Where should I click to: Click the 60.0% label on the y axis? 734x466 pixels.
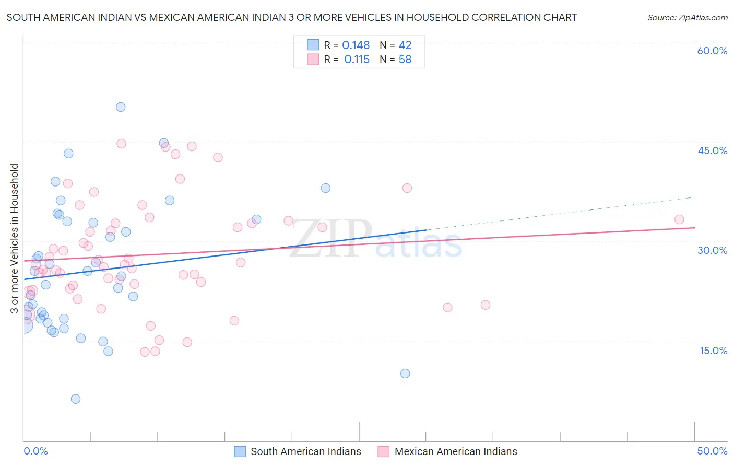click(712, 51)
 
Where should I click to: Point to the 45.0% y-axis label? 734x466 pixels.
click(712, 150)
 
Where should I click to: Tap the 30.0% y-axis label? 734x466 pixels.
click(712, 250)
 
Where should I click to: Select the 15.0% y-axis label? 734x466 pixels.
click(713, 351)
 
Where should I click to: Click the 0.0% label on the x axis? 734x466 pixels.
click(35, 451)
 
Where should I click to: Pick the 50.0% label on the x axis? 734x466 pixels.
click(712, 451)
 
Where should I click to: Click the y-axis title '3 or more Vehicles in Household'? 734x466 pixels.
click(15, 238)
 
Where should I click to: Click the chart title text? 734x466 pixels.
click(291, 17)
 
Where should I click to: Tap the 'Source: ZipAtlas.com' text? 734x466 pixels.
click(687, 17)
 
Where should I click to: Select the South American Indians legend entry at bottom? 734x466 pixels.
click(298, 451)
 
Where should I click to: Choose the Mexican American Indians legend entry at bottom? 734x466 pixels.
click(447, 451)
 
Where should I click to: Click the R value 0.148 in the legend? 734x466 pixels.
click(356, 45)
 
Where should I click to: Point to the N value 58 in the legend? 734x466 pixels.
click(405, 60)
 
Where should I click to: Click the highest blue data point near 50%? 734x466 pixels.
click(121, 107)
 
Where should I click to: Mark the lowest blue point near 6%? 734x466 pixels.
click(76, 399)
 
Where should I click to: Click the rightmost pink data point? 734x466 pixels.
click(679, 219)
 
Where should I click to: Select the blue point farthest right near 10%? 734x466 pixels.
click(405, 374)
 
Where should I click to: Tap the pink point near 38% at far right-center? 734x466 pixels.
click(407, 188)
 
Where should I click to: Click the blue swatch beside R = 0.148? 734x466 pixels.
click(313, 45)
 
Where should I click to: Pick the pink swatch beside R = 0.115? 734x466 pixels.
click(313, 59)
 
